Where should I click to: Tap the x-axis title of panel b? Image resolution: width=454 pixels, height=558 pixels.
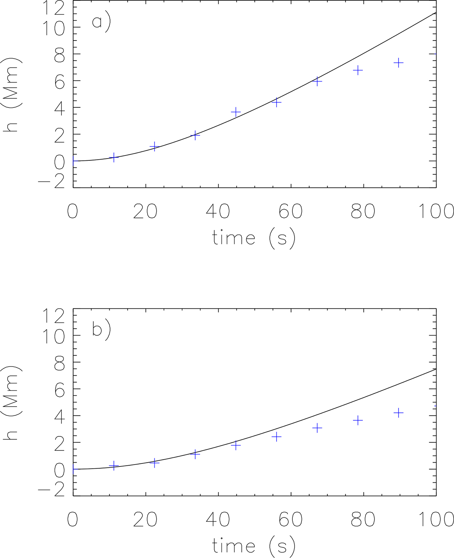pyautogui.click(x=253, y=546)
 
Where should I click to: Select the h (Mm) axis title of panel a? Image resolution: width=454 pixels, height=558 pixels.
pyautogui.click(x=12, y=95)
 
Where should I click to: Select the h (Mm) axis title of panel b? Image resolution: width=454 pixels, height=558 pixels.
pyautogui.click(x=12, y=403)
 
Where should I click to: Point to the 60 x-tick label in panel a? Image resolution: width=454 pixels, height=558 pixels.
pyautogui.click(x=291, y=211)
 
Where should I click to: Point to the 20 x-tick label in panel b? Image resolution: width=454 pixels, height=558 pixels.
pyautogui.click(x=145, y=519)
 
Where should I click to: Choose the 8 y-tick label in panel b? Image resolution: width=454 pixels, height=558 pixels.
pyautogui.click(x=58, y=362)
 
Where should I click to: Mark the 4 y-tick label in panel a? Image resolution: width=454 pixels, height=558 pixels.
pyautogui.click(x=58, y=107)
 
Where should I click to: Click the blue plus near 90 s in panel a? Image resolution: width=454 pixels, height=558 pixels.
pyautogui.click(x=398, y=63)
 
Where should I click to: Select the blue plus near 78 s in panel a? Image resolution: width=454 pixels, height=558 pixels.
pyautogui.click(x=358, y=70)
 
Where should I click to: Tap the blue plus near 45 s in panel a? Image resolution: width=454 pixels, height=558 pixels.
pyautogui.click(x=236, y=112)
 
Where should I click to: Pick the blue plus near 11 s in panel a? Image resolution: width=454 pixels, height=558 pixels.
pyautogui.click(x=114, y=157)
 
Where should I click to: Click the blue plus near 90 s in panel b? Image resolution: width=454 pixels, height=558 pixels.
pyautogui.click(x=398, y=413)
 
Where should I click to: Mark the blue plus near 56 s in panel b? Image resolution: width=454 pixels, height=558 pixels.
pyautogui.click(x=277, y=437)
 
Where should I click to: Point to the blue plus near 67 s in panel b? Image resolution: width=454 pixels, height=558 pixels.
pyautogui.click(x=317, y=428)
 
